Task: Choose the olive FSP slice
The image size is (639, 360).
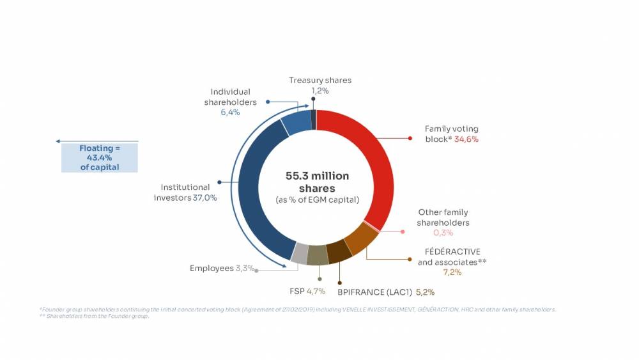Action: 318,256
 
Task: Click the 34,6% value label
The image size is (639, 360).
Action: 466,139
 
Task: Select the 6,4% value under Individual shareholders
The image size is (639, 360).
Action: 230,113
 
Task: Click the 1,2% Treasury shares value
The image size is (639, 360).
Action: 319,91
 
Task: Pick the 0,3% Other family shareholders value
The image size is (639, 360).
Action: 443,233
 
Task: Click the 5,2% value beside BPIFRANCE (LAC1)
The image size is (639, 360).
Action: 425,292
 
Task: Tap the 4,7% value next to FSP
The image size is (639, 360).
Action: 315,292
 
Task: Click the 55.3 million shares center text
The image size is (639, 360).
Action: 317,182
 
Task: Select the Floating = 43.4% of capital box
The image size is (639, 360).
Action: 99,157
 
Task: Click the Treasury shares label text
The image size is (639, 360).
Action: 319,81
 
